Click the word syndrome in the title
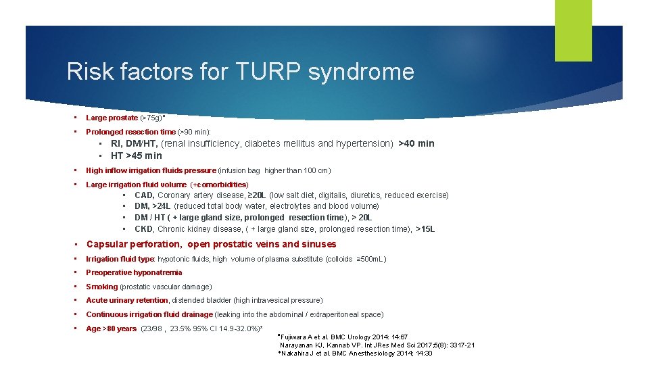point(361,72)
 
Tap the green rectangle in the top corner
point(573,30)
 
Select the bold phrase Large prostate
point(112,118)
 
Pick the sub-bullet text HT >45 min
point(137,155)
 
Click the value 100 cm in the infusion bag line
point(316,171)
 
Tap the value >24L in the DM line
point(162,206)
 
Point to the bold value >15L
point(425,229)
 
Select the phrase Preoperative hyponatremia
point(134,273)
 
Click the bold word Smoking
point(101,287)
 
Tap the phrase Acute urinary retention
point(126,300)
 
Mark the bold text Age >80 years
point(111,328)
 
